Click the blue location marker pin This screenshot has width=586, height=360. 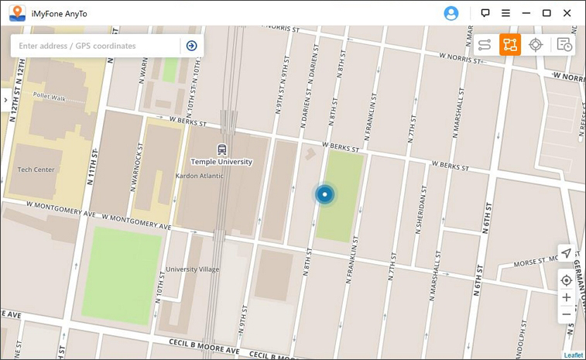coord(325,194)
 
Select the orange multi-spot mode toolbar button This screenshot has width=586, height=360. coord(509,45)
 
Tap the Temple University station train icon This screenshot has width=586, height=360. coord(222,149)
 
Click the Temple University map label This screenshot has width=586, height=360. coord(221,162)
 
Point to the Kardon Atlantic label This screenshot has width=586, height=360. coord(199,176)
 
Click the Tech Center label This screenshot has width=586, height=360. coord(36,170)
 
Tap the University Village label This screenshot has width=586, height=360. coord(193,269)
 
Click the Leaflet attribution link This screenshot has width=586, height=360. coord(573,355)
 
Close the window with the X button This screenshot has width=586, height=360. coord(567,13)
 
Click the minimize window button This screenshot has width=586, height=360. coord(526,13)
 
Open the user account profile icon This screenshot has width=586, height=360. coord(451,13)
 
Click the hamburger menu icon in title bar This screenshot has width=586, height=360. coord(505,13)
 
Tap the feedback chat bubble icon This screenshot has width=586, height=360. coord(485,13)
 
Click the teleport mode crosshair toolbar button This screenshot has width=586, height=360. coord(535,45)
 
